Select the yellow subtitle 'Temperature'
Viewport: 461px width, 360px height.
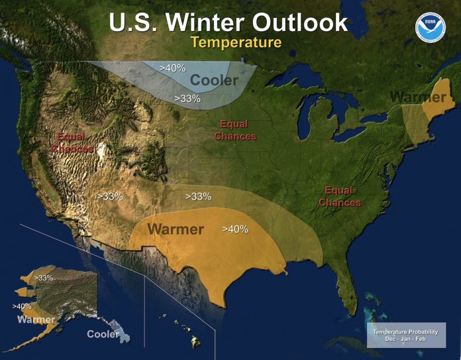236,42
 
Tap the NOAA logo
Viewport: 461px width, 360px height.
430,27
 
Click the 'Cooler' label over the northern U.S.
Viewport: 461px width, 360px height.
214,81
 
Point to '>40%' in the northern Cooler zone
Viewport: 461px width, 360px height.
174,67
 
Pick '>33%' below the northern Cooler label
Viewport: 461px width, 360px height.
187,98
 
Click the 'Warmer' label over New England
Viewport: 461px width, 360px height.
417,97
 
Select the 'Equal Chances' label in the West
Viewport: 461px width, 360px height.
75,143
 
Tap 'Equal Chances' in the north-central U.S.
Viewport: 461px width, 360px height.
234,130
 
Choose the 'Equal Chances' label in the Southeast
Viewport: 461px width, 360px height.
340,197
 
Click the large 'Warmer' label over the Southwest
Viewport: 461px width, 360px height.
175,229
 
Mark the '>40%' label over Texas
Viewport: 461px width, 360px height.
235,229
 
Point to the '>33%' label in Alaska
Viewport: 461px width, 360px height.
43,278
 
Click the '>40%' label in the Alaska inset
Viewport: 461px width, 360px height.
22,306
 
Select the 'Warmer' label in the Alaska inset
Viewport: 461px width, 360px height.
36,320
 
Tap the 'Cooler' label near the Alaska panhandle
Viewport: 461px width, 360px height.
103,334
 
